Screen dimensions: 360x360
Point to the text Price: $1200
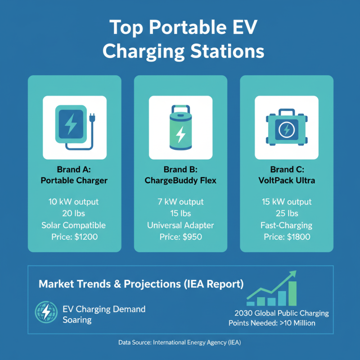(75, 237)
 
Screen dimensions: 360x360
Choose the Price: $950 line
(180, 237)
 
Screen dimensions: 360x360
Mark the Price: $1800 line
(287, 237)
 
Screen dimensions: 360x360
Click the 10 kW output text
(75, 202)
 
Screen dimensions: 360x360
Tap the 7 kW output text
(180, 202)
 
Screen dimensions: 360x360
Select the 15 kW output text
(287, 202)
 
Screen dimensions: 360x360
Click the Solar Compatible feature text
(75, 225)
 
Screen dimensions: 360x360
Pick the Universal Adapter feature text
(180, 225)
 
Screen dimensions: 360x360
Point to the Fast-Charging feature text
(287, 225)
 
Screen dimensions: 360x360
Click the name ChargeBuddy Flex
(180, 181)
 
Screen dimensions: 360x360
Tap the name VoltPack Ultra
(287, 181)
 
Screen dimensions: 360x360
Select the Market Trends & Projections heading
(141, 284)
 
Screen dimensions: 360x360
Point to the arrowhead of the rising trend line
(293, 273)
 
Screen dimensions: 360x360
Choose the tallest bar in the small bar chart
(292, 293)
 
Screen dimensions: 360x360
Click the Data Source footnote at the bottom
(180, 342)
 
